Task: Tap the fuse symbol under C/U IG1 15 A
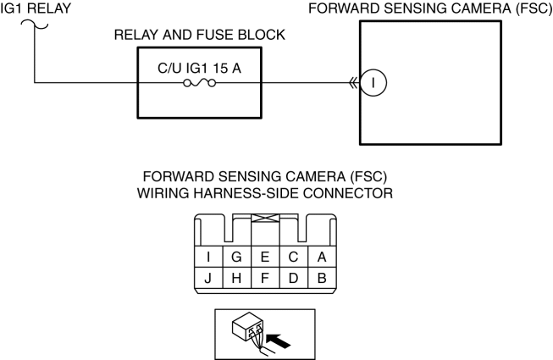[x=200, y=83]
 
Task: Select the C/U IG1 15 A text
[x=200, y=67]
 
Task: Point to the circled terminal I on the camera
[x=373, y=82]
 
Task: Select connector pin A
[x=323, y=255]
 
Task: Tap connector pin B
[x=323, y=277]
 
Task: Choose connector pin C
[x=294, y=255]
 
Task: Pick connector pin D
[x=294, y=277]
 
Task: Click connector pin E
[x=265, y=255]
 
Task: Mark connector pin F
[x=265, y=277]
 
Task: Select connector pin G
[x=236, y=255]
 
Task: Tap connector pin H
[x=236, y=277]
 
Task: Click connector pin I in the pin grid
[x=208, y=255]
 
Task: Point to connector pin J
[x=208, y=277]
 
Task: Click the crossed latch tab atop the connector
[x=265, y=218]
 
